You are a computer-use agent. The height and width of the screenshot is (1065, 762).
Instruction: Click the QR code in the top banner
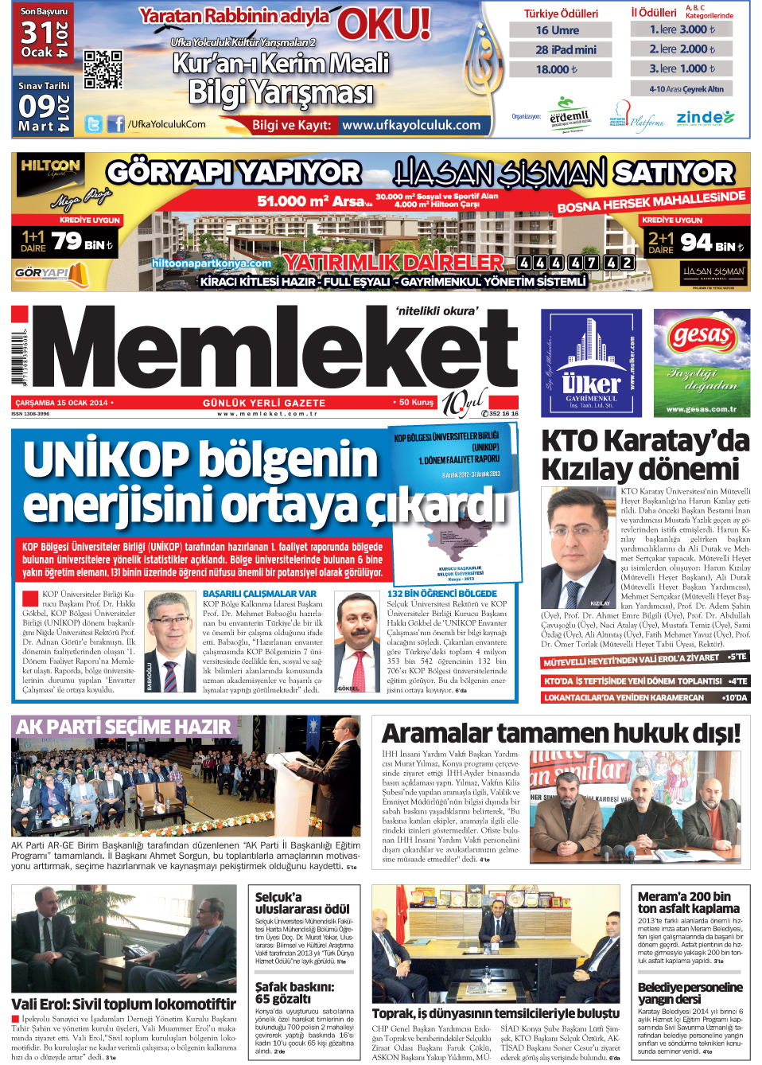coord(103,69)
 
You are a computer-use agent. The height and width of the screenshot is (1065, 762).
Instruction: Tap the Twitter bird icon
coord(94,124)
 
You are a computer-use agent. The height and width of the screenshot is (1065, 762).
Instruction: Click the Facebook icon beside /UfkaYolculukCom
coord(116,124)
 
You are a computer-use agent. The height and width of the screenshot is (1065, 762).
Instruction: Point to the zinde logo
coord(706,118)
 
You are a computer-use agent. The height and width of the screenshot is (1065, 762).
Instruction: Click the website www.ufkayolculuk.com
coord(411,125)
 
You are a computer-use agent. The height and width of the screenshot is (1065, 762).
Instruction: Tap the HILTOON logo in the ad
coord(51,166)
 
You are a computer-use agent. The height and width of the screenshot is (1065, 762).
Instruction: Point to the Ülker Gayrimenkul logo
coord(592,363)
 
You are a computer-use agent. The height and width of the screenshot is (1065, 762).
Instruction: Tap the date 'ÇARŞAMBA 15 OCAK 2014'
coord(61,403)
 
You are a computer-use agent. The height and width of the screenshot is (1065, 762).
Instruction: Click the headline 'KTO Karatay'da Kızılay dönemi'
coord(645,454)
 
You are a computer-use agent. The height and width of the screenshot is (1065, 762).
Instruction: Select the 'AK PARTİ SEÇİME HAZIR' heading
coord(123,727)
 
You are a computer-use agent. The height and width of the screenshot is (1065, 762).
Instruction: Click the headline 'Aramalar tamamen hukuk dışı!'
coord(561,733)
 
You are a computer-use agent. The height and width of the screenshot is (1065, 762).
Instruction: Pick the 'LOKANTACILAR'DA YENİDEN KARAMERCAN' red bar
coord(645,698)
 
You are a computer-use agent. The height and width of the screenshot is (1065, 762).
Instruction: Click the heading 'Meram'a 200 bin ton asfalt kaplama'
coord(688,902)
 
